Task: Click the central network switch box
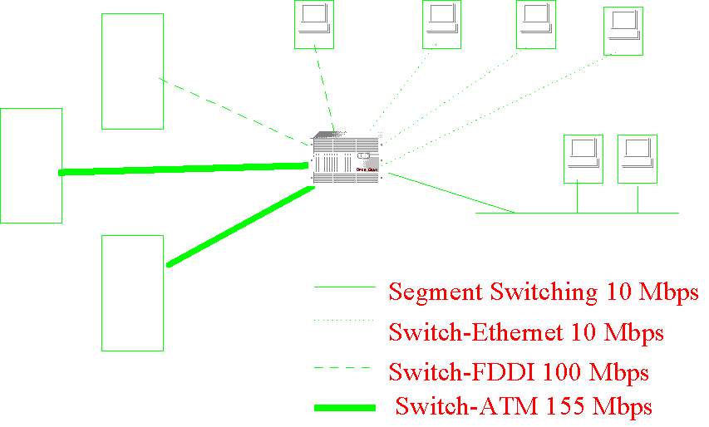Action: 347,159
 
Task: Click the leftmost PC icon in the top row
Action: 314,22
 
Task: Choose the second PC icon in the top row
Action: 441,22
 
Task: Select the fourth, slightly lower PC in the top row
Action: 623,30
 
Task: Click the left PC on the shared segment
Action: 583,158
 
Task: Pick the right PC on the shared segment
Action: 637,158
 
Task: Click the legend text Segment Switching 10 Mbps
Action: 544,292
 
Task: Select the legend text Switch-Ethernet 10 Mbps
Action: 526,332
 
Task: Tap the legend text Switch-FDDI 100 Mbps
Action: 519,371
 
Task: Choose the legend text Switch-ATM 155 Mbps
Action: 523,407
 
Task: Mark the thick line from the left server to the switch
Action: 183,169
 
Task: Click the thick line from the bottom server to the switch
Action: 241,227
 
